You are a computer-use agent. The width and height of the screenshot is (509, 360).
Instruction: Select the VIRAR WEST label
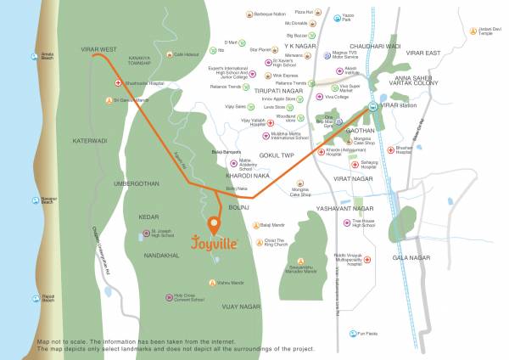point(98,50)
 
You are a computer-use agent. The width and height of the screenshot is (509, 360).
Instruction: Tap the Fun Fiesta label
point(367,335)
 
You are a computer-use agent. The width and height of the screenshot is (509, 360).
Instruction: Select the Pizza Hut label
point(303,12)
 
